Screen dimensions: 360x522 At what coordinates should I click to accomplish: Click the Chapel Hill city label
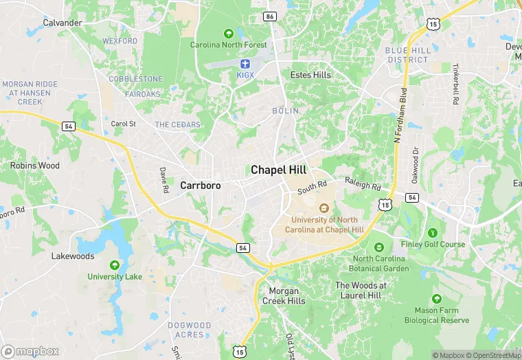(x=278, y=170)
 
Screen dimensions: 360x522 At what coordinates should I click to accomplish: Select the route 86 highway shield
(x=270, y=15)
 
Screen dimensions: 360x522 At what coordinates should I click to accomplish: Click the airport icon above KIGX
(x=245, y=63)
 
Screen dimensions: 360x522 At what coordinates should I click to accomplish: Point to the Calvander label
(x=63, y=23)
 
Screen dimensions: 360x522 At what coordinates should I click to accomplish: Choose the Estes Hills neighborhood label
(x=310, y=75)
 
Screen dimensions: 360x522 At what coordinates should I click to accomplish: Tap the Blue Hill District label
(x=407, y=55)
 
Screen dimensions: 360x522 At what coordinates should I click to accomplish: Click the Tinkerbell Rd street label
(x=455, y=85)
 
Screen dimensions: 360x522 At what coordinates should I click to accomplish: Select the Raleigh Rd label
(x=363, y=185)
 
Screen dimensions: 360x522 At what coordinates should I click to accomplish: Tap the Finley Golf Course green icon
(x=432, y=233)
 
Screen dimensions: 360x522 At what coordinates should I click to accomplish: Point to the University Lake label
(x=115, y=277)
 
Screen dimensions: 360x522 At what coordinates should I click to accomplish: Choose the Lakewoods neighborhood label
(x=73, y=256)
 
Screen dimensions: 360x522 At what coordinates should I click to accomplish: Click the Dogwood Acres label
(x=190, y=330)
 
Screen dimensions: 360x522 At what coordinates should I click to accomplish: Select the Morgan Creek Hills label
(x=284, y=295)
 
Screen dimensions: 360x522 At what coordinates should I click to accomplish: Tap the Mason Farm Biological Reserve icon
(x=436, y=299)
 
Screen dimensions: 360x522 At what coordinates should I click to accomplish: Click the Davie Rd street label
(x=164, y=179)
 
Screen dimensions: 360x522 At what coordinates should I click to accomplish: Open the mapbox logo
(x=30, y=351)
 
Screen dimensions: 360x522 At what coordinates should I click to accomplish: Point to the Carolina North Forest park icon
(x=228, y=33)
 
